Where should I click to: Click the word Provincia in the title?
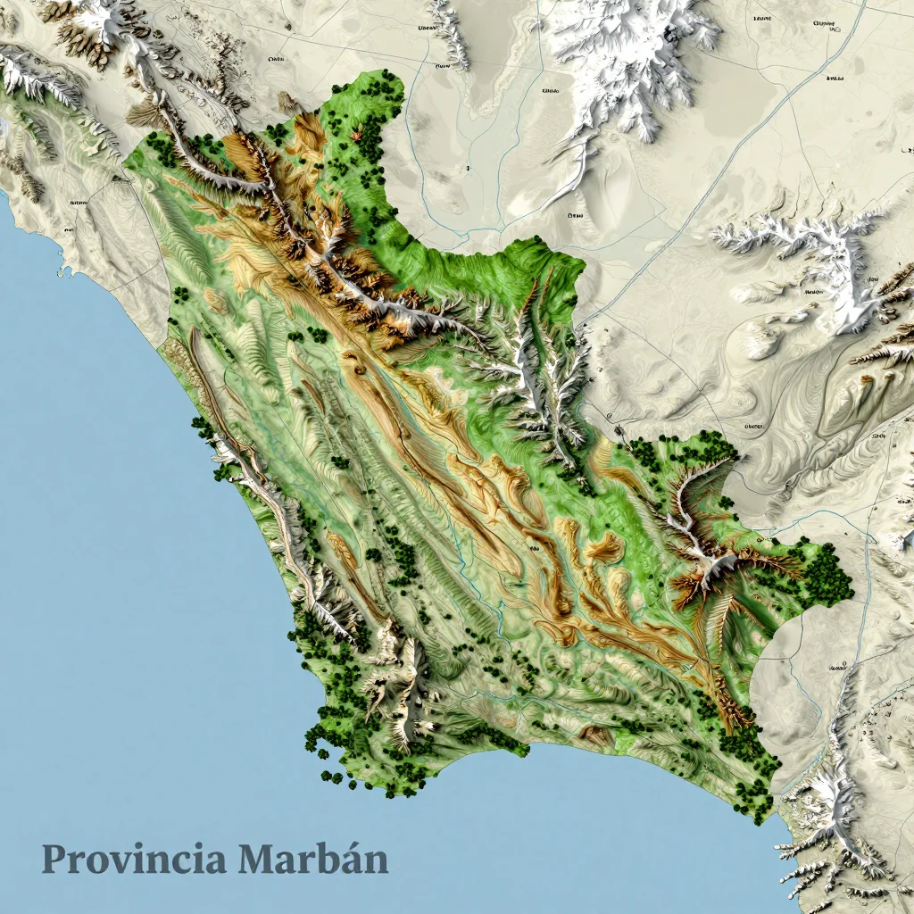tap(134, 860)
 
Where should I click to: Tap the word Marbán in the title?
tap(313, 860)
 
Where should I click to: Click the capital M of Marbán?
tap(259, 859)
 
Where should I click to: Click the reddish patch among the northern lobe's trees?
tap(357, 136)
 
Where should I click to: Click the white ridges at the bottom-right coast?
tap(830, 830)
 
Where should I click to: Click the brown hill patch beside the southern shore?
tap(595, 735)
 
